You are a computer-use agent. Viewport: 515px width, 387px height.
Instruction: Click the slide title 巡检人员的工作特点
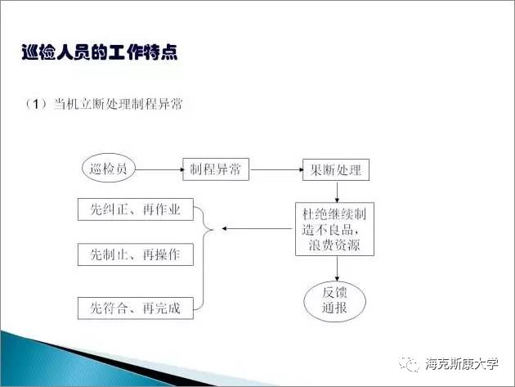pos(99,53)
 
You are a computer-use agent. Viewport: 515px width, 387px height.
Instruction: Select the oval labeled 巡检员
pos(108,170)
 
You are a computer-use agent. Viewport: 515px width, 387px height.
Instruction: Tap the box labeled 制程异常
pos(215,170)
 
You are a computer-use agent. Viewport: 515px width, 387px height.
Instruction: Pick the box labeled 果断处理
pos(335,170)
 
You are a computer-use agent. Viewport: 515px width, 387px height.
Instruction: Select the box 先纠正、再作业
pos(135,209)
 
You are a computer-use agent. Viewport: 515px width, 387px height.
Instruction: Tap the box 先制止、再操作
pos(135,254)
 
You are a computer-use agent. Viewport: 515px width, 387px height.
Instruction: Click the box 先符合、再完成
pos(135,308)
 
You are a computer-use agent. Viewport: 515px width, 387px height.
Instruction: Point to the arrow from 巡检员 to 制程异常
pos(158,170)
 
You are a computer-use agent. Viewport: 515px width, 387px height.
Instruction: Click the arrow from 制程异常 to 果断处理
pos(275,170)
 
